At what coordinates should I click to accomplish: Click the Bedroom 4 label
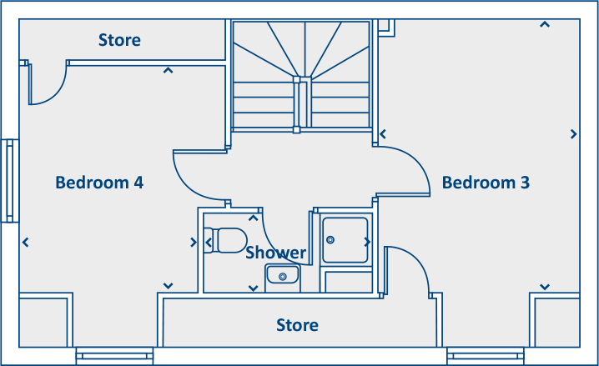click(99, 182)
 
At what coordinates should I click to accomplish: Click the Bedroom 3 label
click(486, 182)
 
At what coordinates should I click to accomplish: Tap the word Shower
click(275, 253)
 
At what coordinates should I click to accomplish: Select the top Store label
click(119, 40)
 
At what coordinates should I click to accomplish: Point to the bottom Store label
click(297, 324)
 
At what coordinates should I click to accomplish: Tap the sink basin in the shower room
click(283, 274)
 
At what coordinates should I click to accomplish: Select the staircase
click(301, 75)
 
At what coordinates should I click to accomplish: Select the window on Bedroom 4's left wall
click(10, 181)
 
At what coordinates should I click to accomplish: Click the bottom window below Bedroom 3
click(485, 356)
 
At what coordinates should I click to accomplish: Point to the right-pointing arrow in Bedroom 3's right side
click(574, 133)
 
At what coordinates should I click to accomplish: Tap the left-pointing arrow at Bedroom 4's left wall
click(26, 243)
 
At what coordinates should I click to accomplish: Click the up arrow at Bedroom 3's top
click(545, 24)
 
